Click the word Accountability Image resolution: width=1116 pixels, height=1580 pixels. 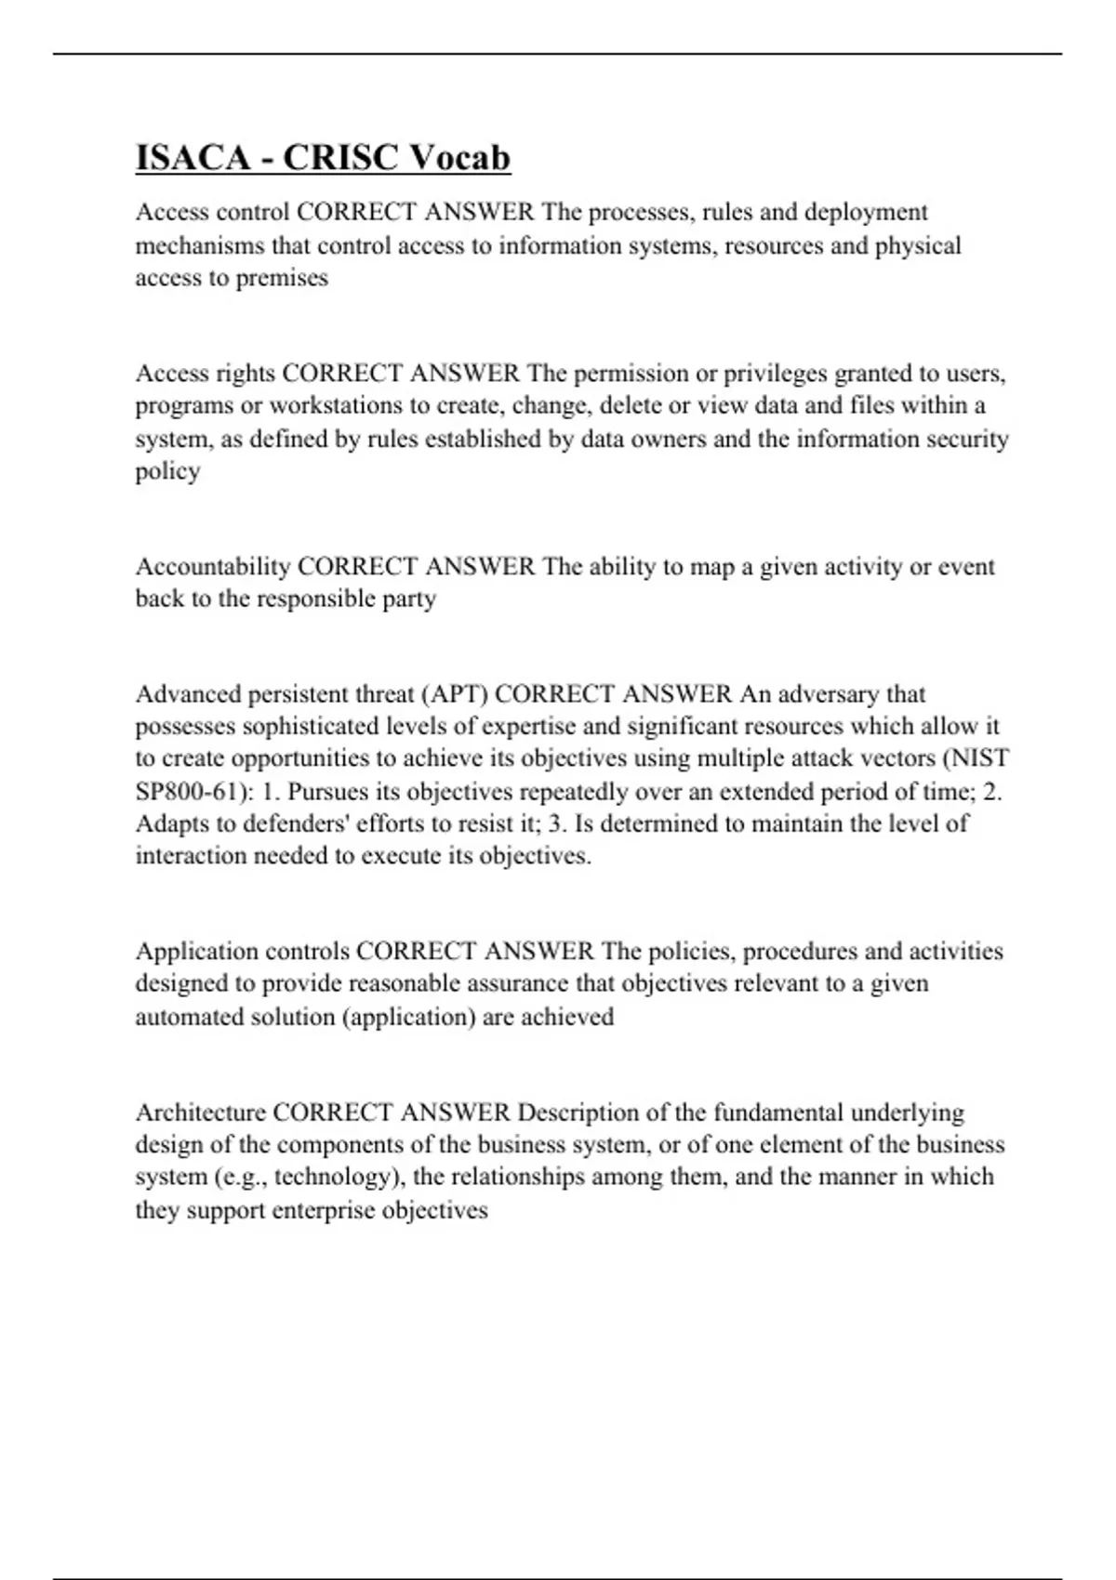[x=213, y=566]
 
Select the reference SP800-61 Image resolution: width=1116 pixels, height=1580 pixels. [x=186, y=792]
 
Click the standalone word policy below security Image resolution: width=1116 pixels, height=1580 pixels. [x=167, y=471]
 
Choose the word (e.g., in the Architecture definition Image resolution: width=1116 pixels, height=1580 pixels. [x=240, y=1177]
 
